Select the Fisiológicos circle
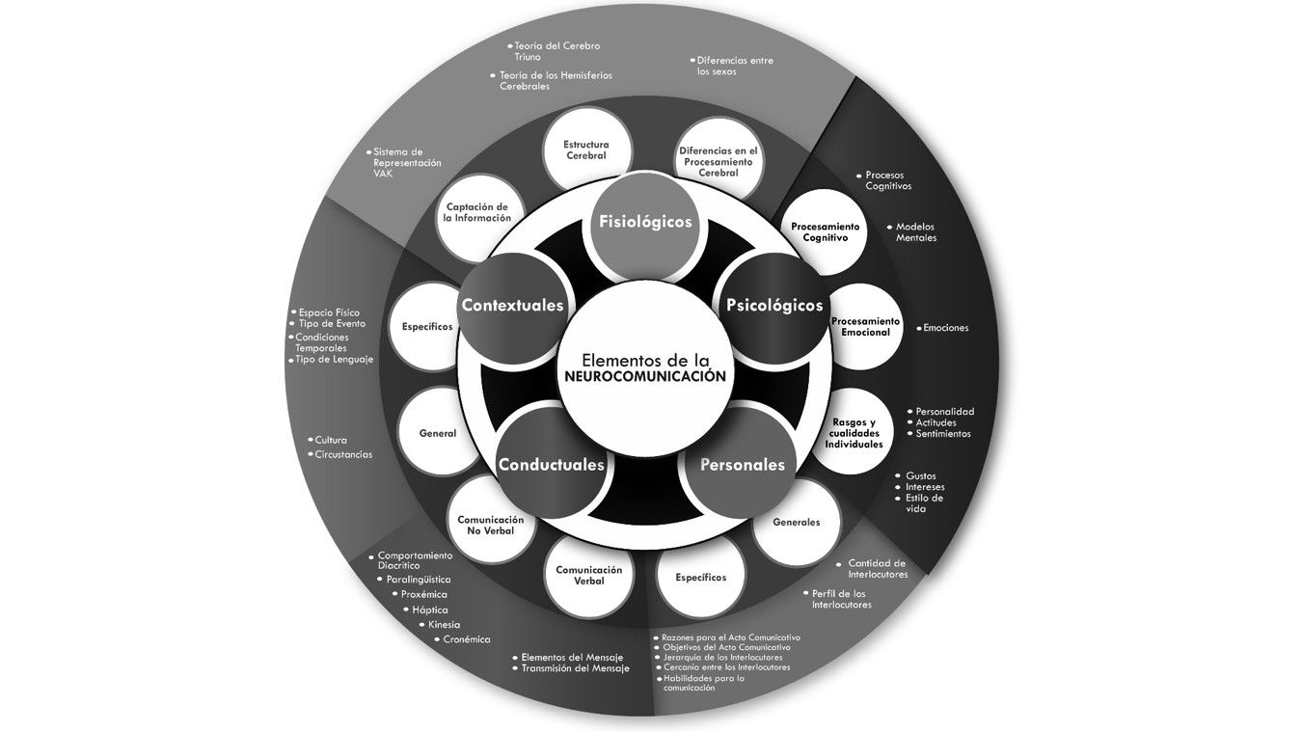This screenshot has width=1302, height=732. (645, 224)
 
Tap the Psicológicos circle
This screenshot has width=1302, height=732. (774, 307)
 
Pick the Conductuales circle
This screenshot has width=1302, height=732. (551, 465)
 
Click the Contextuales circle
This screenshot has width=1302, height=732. (512, 307)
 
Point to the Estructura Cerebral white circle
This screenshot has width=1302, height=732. (586, 150)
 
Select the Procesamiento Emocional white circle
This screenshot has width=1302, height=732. (865, 327)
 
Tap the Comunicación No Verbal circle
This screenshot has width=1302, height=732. (491, 525)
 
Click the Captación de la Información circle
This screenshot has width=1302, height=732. (477, 213)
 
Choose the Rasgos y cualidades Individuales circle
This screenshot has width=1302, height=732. (854, 433)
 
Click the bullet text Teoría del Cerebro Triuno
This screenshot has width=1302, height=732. (556, 51)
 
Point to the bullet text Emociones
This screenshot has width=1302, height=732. (945, 328)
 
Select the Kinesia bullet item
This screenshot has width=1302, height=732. (444, 625)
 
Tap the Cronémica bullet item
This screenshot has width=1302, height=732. (466, 639)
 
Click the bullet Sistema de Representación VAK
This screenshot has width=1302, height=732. (406, 162)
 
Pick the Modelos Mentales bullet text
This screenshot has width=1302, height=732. (915, 232)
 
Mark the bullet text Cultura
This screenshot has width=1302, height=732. (331, 441)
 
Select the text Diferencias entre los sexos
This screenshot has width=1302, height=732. (734, 66)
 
